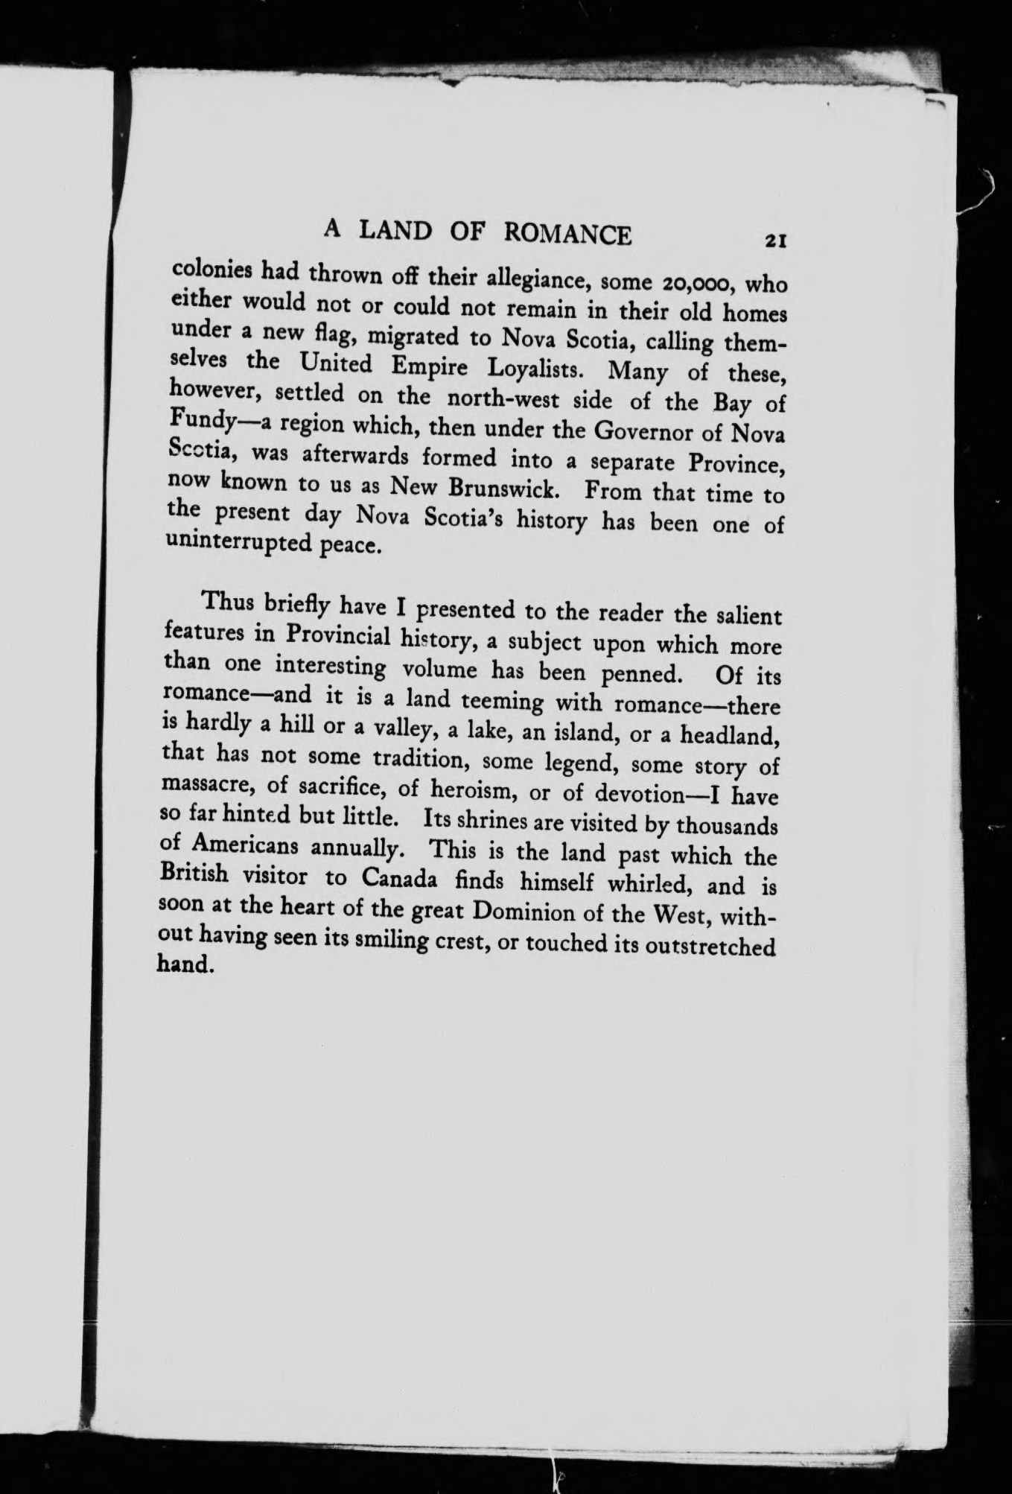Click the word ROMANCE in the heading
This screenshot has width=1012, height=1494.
[568, 235]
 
